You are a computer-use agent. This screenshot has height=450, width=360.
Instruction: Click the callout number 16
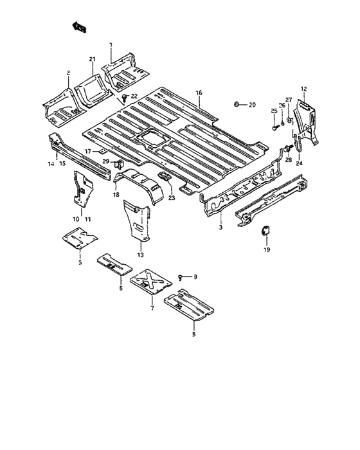click(x=199, y=93)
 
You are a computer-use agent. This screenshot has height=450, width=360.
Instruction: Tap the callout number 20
click(x=251, y=104)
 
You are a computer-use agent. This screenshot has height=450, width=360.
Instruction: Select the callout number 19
click(x=266, y=249)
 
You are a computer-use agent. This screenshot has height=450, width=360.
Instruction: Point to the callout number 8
click(x=194, y=334)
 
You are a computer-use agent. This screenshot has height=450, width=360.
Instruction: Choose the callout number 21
click(x=92, y=60)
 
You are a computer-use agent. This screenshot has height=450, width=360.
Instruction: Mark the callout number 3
click(x=221, y=228)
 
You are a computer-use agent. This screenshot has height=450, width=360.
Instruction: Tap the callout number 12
click(x=304, y=88)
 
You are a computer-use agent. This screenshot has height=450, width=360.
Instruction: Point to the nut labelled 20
click(x=237, y=104)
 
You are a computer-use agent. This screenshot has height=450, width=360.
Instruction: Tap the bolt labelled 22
click(x=123, y=96)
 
